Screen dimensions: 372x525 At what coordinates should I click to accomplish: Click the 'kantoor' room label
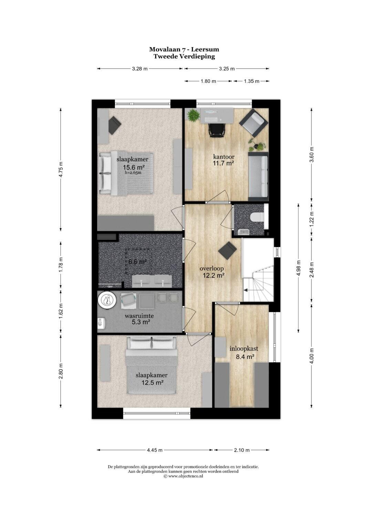(224, 156)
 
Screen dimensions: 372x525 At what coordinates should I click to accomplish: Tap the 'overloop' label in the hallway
(211, 269)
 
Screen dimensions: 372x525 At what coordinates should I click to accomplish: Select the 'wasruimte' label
(139, 316)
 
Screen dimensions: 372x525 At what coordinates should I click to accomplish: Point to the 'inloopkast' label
(244, 349)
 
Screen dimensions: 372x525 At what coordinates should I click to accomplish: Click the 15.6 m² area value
(134, 167)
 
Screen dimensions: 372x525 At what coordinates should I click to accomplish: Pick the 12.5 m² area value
(152, 383)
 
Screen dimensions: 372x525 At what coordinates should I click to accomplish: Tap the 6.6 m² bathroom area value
(138, 262)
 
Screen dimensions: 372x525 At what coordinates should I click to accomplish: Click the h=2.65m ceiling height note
(133, 173)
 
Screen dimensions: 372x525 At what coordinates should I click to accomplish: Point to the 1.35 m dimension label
(251, 81)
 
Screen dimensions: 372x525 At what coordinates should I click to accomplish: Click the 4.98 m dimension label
(299, 268)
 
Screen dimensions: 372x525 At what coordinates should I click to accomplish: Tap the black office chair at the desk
(217, 130)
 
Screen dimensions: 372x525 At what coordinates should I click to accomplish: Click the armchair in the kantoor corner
(254, 123)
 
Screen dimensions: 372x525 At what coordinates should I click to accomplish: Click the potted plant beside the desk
(193, 116)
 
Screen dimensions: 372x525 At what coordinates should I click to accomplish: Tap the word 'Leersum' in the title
(205, 50)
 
